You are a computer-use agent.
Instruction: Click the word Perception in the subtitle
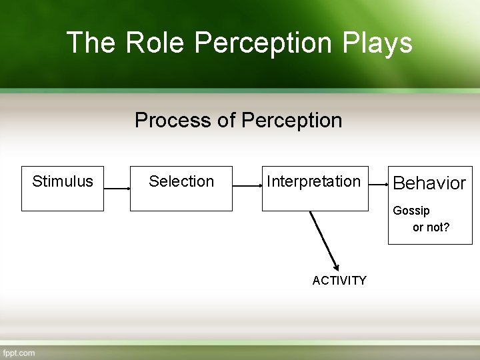[291, 121]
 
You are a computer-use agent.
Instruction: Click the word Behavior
[429, 183]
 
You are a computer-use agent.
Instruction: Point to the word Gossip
[411, 211]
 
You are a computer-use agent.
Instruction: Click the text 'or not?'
[431, 227]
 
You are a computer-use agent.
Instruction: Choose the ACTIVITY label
[339, 281]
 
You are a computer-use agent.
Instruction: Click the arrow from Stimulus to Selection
[117, 189]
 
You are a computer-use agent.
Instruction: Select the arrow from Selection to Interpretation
[247, 189]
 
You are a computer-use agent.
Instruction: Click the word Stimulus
[63, 181]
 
